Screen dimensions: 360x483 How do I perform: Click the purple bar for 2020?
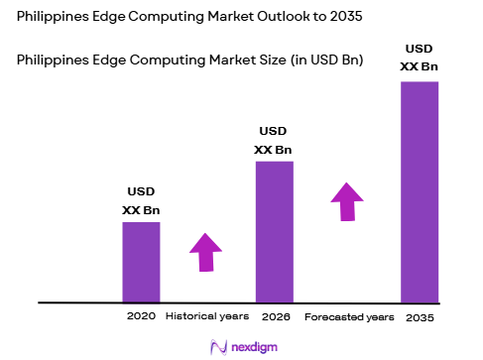141,261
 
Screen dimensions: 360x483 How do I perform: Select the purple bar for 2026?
275,230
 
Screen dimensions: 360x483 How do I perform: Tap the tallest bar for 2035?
419,190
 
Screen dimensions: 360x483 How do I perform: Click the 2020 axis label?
141,316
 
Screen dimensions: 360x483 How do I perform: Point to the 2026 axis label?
275,316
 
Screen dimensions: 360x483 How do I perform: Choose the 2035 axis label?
420,317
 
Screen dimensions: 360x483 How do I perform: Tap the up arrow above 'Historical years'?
205,252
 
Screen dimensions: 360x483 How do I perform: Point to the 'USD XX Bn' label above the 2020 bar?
141,200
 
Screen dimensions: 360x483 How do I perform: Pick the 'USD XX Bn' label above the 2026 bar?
275,140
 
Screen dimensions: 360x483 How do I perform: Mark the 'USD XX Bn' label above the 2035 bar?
419,59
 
